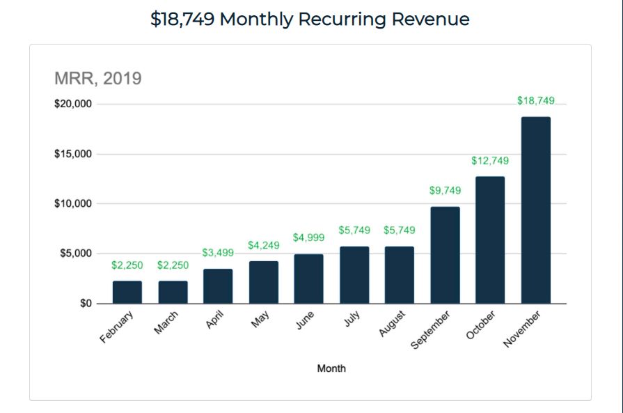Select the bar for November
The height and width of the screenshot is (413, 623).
535,210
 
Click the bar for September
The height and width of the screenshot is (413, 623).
445,255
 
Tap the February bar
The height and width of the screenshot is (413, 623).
127,293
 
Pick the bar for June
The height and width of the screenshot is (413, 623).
308,279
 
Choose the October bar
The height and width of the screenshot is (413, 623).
490,240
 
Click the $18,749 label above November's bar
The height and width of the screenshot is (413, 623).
535,100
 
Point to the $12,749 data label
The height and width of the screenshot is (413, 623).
490,161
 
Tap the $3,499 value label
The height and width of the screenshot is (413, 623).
218,252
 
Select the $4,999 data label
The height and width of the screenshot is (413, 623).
308,237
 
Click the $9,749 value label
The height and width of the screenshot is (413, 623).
445,190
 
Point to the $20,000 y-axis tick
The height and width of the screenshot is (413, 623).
73,104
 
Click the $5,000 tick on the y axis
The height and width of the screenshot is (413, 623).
75,254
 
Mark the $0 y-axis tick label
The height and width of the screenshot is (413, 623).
85,304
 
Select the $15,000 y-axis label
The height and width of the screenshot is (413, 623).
73,154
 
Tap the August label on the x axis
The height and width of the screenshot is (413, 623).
392,325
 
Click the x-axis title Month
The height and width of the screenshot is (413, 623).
331,368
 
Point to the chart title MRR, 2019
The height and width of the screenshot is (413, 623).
98,78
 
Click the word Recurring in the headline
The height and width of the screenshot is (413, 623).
342,19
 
